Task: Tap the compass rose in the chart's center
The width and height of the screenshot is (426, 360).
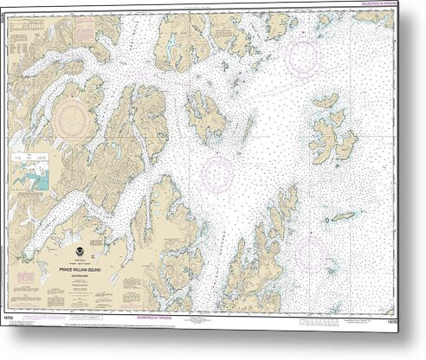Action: point(218,172)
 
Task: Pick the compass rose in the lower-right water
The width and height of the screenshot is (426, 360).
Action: point(309,252)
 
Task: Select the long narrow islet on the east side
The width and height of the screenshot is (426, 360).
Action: point(341,215)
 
